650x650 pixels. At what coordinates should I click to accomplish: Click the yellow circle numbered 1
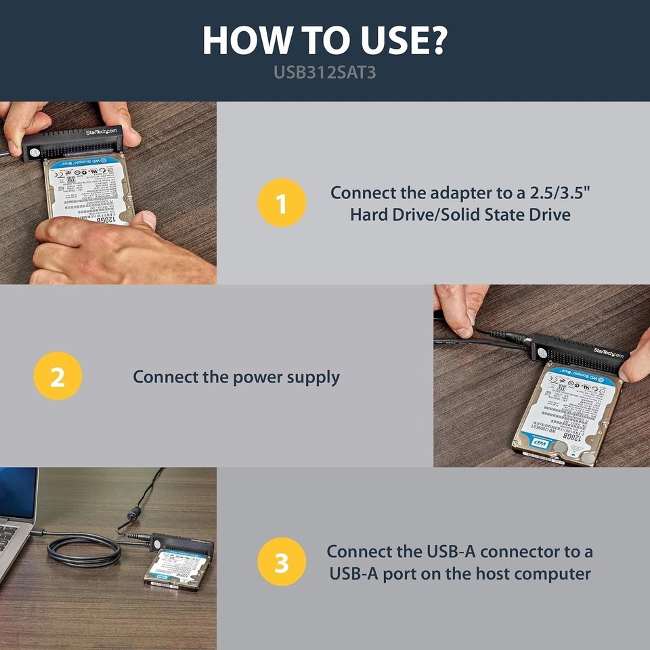282,203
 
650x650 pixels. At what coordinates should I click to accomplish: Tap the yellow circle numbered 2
58,376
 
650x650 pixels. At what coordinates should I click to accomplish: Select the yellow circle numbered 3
282,562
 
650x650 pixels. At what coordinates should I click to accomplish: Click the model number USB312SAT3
324,72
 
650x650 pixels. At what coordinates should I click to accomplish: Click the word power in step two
259,376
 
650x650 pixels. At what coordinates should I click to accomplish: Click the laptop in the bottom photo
17,521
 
